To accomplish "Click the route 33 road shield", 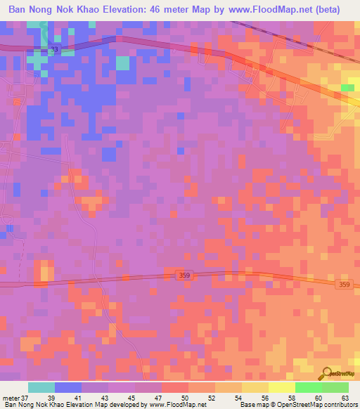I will click(x=54, y=50).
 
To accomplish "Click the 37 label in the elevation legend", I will click(x=26, y=397).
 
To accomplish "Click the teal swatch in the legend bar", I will click(x=41, y=387).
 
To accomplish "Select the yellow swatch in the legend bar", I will click(x=281, y=387).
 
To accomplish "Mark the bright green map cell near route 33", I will click(x=348, y=88).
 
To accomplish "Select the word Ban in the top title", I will click(x=19, y=10).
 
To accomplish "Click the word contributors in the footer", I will click(x=338, y=405).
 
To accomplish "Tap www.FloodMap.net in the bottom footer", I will click(x=176, y=405).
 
